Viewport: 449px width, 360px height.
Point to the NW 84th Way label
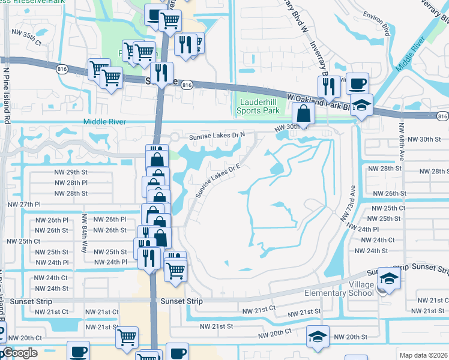click(x=85, y=233)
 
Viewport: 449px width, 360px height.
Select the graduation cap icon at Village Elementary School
click(x=390, y=278)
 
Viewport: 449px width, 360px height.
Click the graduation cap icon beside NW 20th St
click(x=318, y=336)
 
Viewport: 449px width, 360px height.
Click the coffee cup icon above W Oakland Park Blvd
click(x=358, y=83)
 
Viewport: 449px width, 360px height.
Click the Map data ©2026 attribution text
click(x=423, y=355)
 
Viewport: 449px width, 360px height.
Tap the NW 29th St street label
click(x=76, y=172)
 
